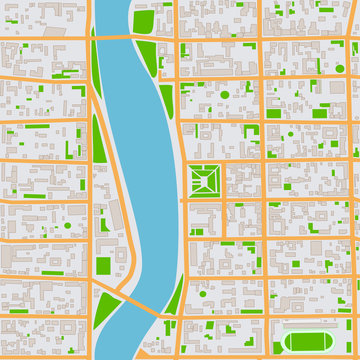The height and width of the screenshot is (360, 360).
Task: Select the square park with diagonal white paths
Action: (205, 180)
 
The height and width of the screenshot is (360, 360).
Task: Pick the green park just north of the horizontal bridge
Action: (143, 17)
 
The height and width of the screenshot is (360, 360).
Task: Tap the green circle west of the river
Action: (67, 225)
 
